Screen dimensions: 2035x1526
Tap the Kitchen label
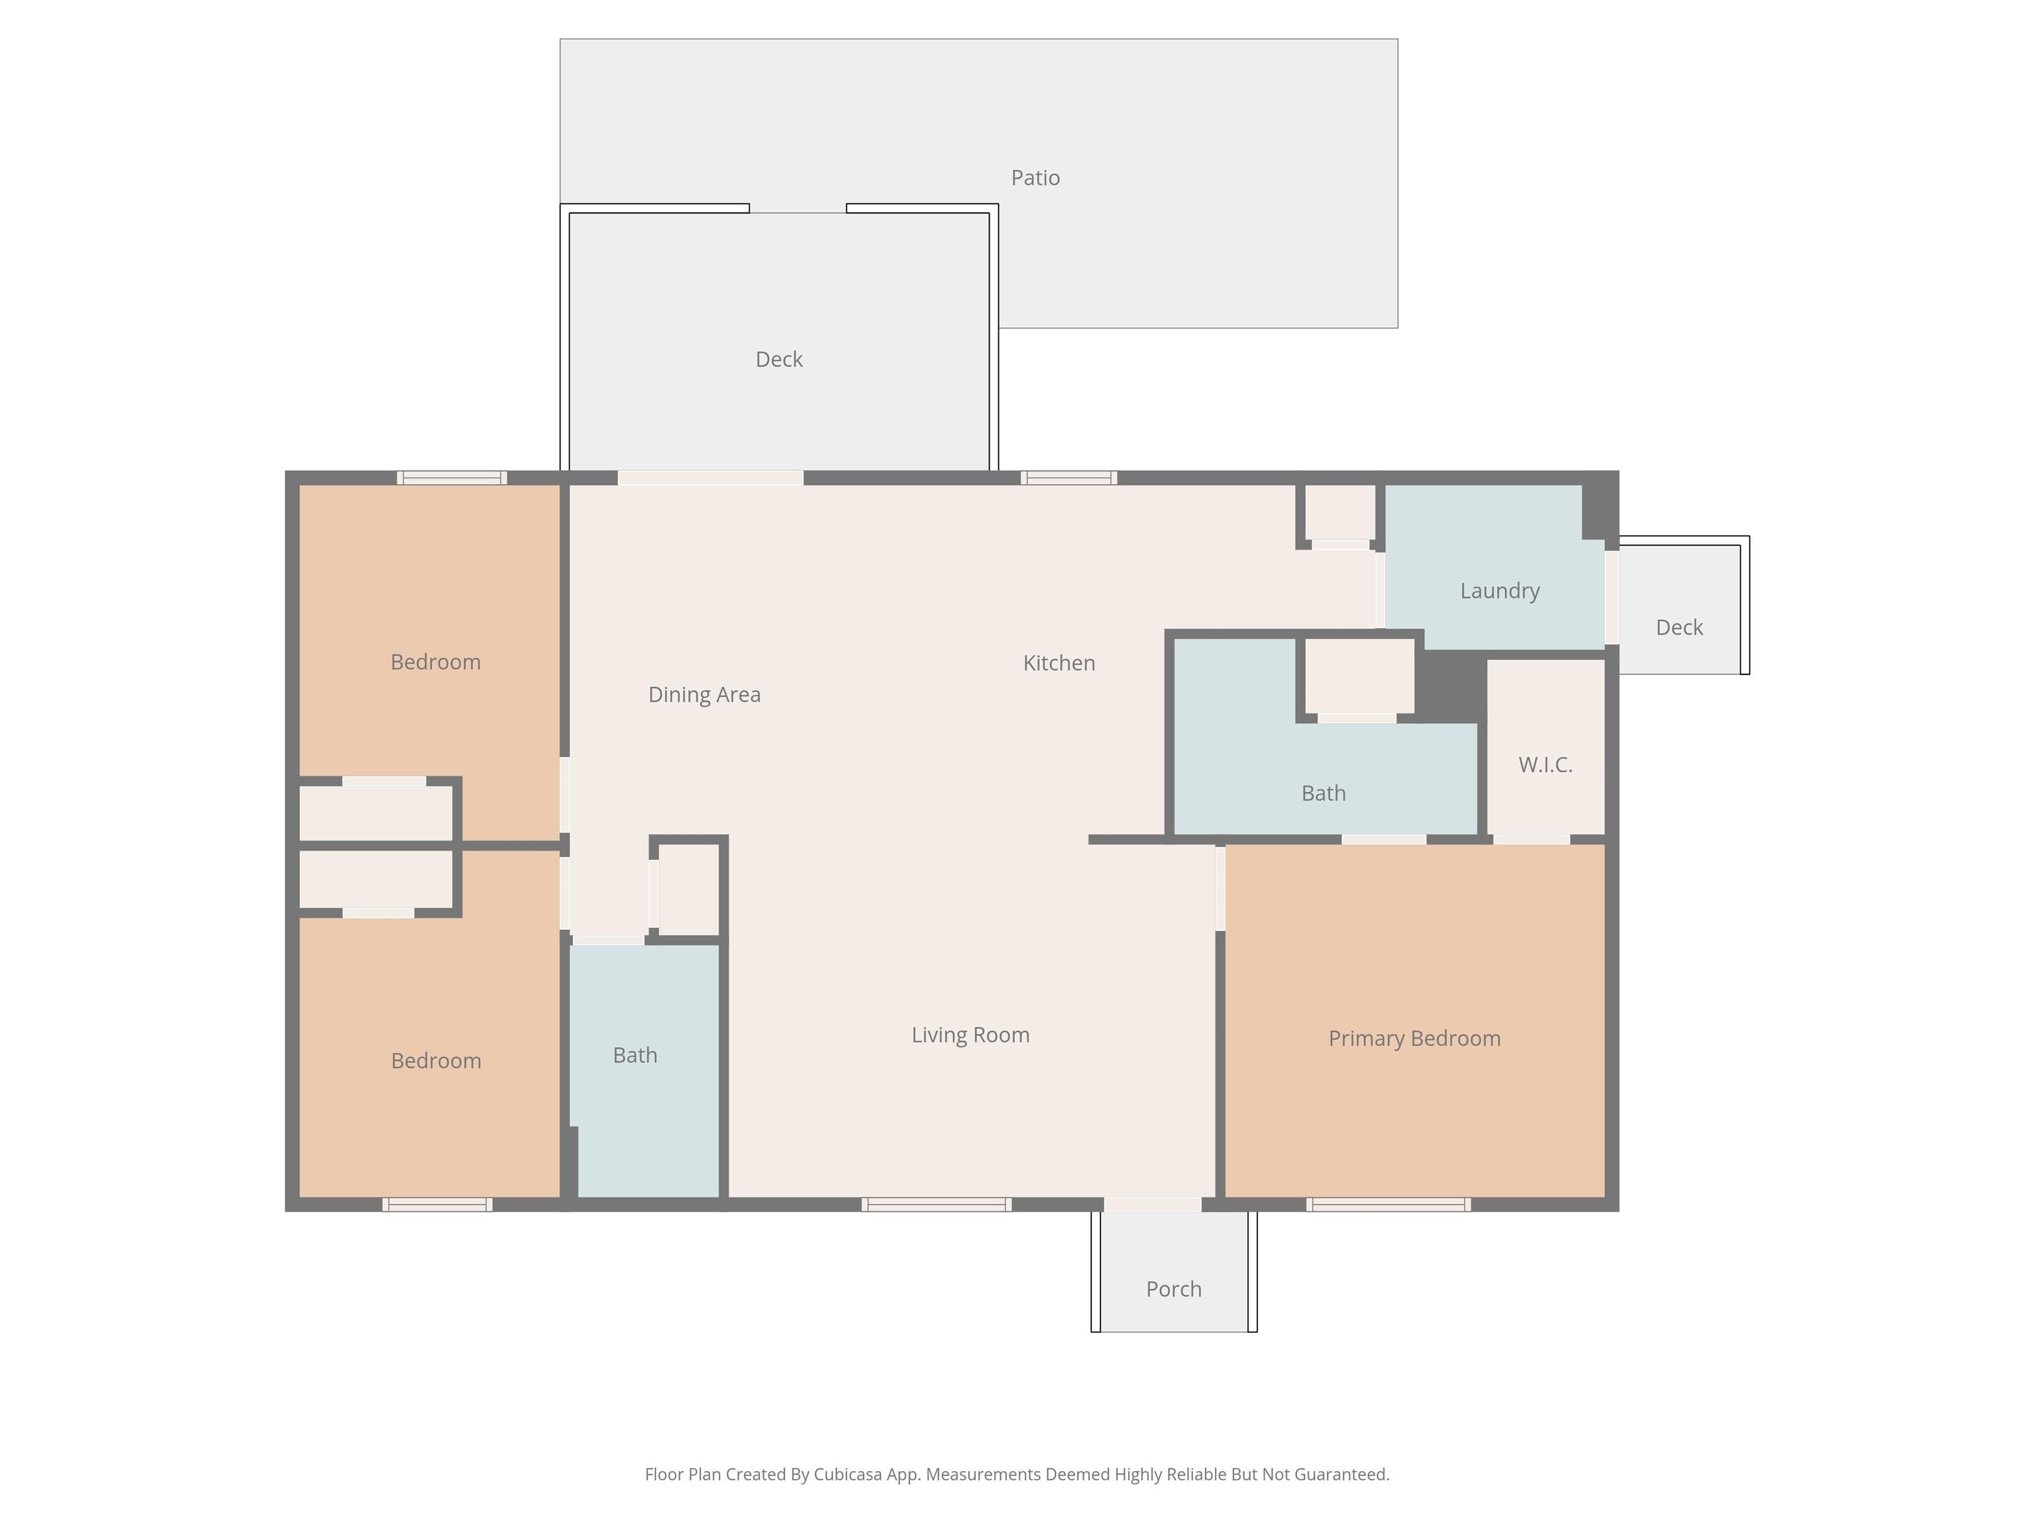[1059, 663]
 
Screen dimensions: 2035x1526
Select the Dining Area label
[705, 695]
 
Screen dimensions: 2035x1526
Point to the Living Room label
[970, 1035]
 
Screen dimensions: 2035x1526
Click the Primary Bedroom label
[1414, 1039]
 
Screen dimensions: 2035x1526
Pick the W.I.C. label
[1545, 764]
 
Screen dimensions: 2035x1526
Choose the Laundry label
[1500, 591]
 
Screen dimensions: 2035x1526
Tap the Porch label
[1174, 1289]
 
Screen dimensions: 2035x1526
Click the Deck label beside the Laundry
[1679, 627]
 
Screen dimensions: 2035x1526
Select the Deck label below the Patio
[779, 360]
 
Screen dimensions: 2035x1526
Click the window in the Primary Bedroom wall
[1388, 1204]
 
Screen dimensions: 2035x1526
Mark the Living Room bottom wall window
[937, 1204]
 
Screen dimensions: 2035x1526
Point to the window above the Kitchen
[1069, 478]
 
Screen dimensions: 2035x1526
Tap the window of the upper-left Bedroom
[452, 478]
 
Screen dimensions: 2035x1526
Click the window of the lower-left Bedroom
[437, 1204]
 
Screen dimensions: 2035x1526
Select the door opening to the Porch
[1153, 1204]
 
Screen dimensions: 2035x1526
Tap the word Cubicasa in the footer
[847, 1474]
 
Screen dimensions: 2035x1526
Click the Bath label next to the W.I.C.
[1323, 793]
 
